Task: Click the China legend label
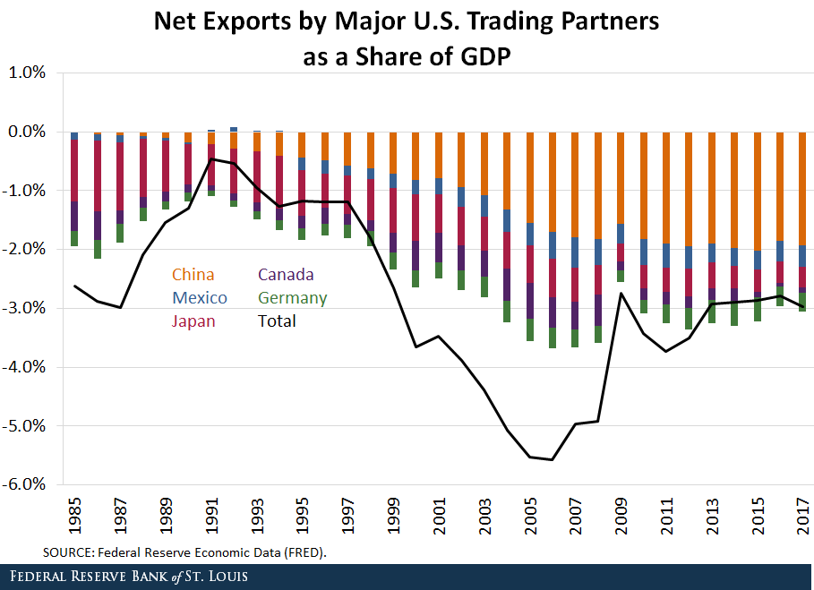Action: point(193,275)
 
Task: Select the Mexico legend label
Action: point(199,298)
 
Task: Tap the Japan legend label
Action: point(193,321)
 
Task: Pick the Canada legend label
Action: point(285,275)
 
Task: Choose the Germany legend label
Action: point(292,298)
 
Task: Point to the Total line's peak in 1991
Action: point(211,159)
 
